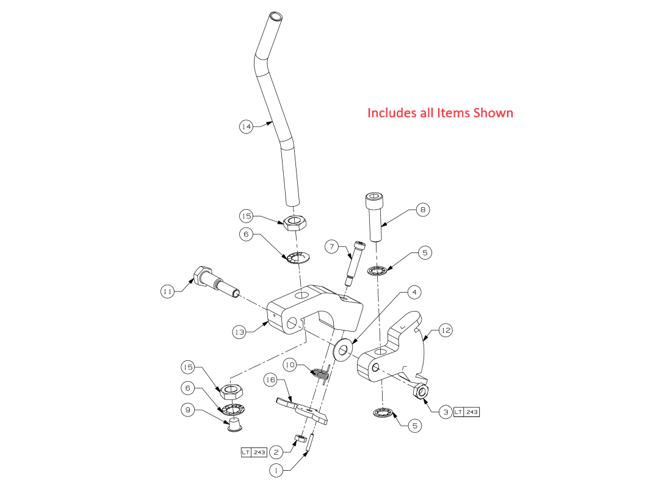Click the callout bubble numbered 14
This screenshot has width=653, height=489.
tap(246, 127)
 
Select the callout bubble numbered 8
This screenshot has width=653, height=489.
tap(422, 210)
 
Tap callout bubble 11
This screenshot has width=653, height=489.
tap(167, 292)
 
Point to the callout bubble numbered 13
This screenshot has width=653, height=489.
tap(239, 332)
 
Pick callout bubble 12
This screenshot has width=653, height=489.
tap(446, 330)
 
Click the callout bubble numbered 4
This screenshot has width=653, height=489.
tap(414, 293)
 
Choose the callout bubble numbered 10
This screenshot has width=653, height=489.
tap(290, 365)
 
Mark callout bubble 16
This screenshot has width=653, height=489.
tap(270, 380)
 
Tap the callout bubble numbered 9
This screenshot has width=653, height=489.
tap(188, 410)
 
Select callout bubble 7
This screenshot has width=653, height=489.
tap(332, 246)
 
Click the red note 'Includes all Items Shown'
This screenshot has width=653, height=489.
tap(440, 113)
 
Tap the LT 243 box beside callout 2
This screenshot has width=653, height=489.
tap(254, 452)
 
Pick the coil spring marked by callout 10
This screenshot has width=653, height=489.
tap(321, 373)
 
